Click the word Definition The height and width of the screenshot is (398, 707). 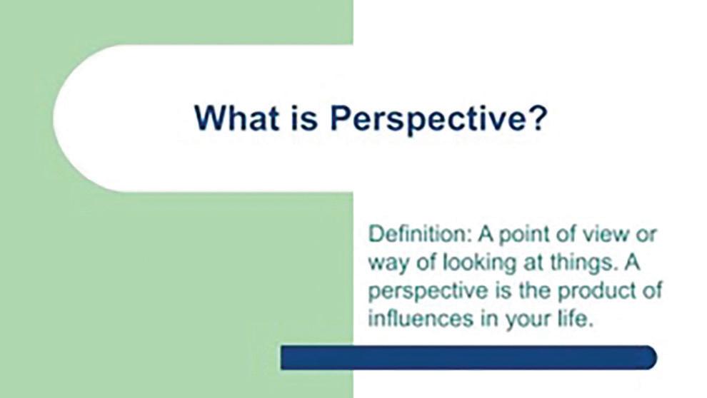pyautogui.click(x=420, y=234)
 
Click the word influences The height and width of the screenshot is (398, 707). pyautogui.click(x=421, y=318)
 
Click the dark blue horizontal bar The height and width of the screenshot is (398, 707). pyautogui.click(x=468, y=358)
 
